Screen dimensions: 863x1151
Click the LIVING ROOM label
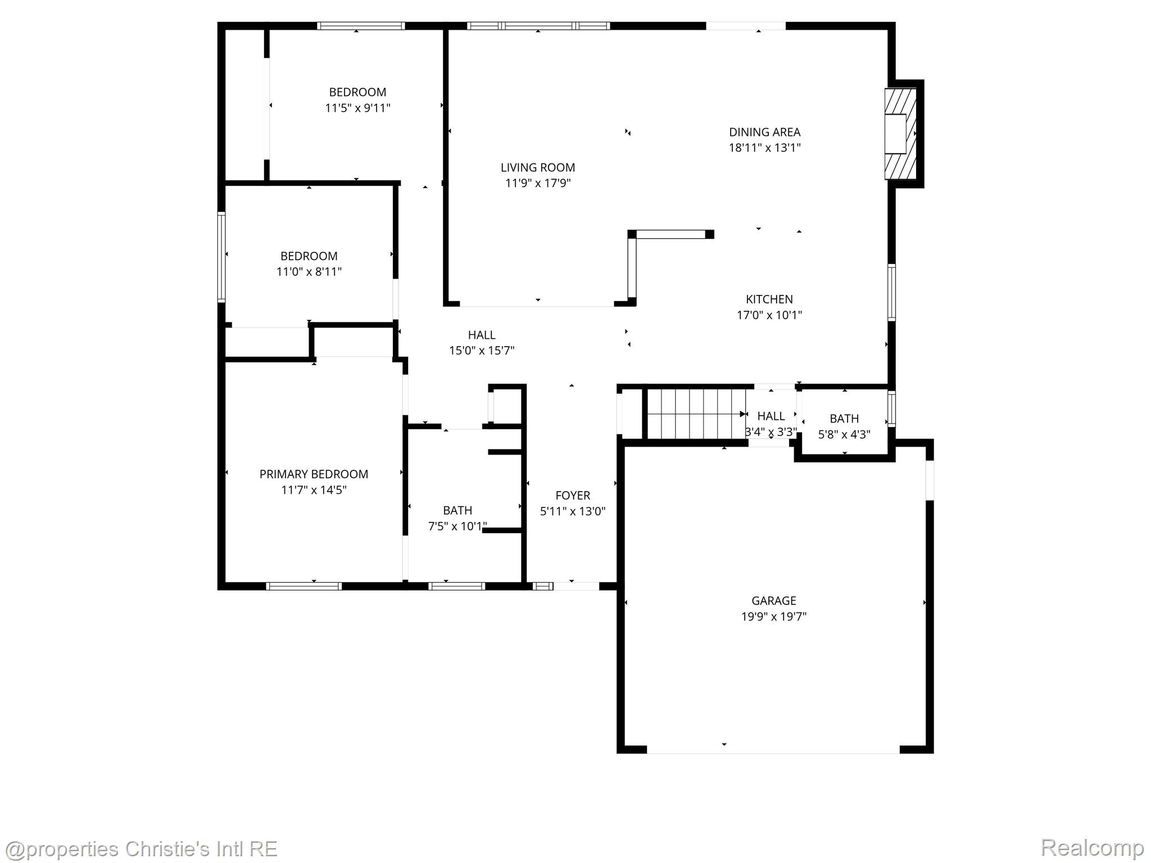[538, 167]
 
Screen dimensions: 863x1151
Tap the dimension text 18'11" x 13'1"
[764, 148]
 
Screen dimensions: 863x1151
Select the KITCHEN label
[769, 299]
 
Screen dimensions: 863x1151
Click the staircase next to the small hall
[696, 414]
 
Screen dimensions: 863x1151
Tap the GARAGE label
[773, 601]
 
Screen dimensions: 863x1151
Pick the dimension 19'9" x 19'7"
[773, 616]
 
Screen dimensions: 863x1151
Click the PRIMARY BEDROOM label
[314, 474]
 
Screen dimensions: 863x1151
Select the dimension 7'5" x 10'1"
[457, 526]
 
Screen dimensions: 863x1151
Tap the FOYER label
[573, 496]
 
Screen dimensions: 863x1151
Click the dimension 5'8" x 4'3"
[844, 434]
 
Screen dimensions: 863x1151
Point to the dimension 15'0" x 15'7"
[482, 351]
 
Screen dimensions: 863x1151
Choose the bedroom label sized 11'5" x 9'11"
[357, 92]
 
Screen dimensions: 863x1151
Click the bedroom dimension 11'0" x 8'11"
[309, 272]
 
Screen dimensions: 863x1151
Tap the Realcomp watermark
[1092, 847]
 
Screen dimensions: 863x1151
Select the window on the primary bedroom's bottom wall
[303, 586]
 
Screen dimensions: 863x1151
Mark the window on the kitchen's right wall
[891, 292]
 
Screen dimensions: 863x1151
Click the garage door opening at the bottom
[773, 750]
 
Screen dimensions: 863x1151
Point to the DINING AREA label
[764, 132]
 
